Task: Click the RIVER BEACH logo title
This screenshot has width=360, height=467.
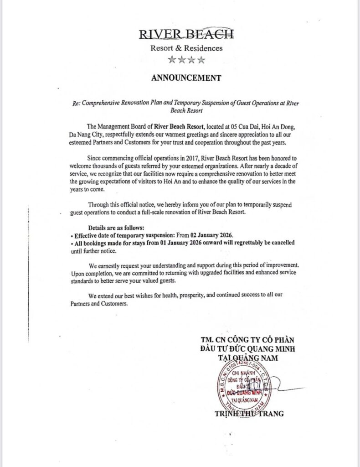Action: point(186,34)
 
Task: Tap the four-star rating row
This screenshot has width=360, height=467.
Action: point(186,59)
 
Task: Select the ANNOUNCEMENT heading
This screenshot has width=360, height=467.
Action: point(186,78)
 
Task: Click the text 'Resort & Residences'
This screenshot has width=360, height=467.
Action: point(186,47)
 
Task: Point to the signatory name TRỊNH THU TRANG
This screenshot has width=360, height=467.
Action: point(249,414)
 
